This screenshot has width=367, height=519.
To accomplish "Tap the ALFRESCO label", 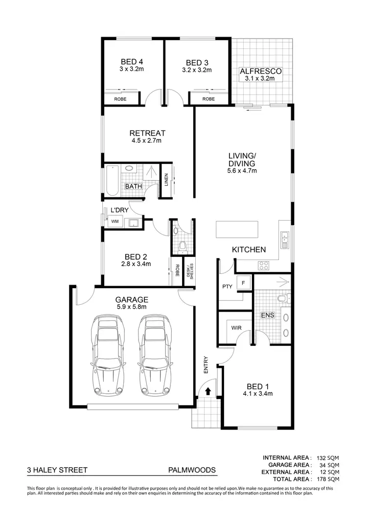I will click(x=260, y=71).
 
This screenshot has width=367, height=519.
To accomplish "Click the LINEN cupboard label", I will click(x=166, y=181).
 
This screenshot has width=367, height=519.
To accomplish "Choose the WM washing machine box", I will click(x=115, y=222).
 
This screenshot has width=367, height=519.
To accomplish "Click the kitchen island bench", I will click(x=237, y=229).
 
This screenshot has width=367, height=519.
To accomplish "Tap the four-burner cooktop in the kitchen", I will click(x=264, y=266).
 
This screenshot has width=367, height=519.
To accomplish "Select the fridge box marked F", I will click(x=243, y=282).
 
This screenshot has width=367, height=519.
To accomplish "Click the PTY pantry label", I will click(x=227, y=286).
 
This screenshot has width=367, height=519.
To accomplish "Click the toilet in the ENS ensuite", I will click(x=284, y=298).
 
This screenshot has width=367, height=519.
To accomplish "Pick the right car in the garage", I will click(x=155, y=355).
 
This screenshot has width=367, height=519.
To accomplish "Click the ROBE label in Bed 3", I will click(x=208, y=99).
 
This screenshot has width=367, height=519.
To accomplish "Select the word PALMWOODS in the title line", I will click(x=192, y=470).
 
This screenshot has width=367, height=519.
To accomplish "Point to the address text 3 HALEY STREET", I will click(x=57, y=470).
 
